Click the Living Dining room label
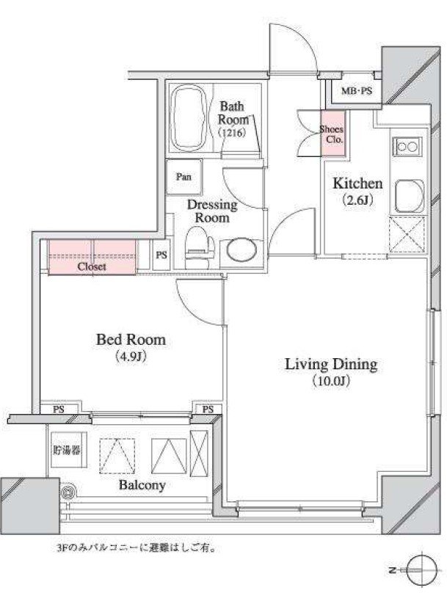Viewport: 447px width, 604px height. click(331, 364)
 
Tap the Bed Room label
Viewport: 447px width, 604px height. click(131, 339)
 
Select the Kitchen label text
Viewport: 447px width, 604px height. click(357, 183)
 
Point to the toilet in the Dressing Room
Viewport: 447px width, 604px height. click(199, 247)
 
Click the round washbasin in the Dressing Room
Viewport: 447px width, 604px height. click(241, 251)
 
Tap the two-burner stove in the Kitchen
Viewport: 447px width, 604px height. click(407, 146)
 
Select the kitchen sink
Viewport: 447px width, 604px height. click(410, 196)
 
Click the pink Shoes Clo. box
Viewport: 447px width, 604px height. click(333, 134)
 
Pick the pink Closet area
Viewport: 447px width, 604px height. click(92, 257)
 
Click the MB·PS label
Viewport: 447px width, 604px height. click(357, 91)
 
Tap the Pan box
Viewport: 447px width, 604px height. click(183, 177)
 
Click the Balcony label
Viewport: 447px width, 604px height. click(142, 485)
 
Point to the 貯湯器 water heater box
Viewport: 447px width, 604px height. click(67, 450)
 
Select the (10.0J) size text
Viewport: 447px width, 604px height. click(332, 382)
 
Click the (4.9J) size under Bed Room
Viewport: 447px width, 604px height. click(131, 357)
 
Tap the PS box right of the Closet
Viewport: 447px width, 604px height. click(161, 255)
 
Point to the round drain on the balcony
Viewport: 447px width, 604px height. click(68, 492)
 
